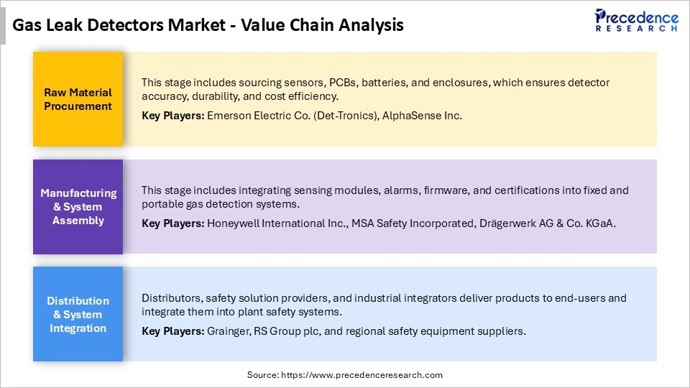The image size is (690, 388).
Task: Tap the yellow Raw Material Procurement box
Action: pos(78,99)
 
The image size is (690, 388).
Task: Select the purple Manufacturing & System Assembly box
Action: pos(78,207)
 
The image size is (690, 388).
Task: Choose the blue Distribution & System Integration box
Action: pos(78,314)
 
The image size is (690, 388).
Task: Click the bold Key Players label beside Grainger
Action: pos(172,331)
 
